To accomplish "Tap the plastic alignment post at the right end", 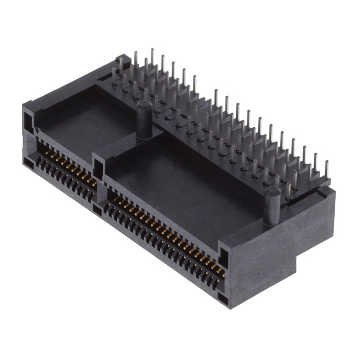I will pos(272,206).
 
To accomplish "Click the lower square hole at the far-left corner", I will pos(28,163).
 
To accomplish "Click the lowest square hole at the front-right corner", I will pos(223,299).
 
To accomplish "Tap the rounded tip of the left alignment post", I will pos(145,105).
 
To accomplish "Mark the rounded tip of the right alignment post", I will pos(272,193).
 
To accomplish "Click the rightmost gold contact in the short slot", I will pos(93,183).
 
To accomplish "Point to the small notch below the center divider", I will pos(97,210).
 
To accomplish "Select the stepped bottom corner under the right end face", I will pos(304,264).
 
